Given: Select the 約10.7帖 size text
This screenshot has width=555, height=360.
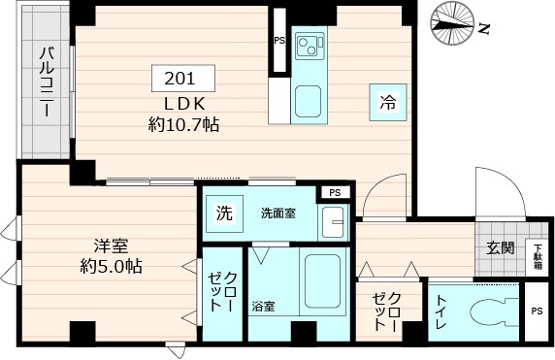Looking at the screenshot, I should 183,124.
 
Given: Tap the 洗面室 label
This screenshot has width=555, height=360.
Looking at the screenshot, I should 278,213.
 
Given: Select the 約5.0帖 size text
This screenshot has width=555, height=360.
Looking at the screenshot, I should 112,266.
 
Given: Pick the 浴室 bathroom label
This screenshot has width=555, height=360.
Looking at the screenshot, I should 263,307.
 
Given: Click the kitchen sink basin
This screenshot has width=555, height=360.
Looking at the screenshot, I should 309,100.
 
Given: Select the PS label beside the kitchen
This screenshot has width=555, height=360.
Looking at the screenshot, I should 279,42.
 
